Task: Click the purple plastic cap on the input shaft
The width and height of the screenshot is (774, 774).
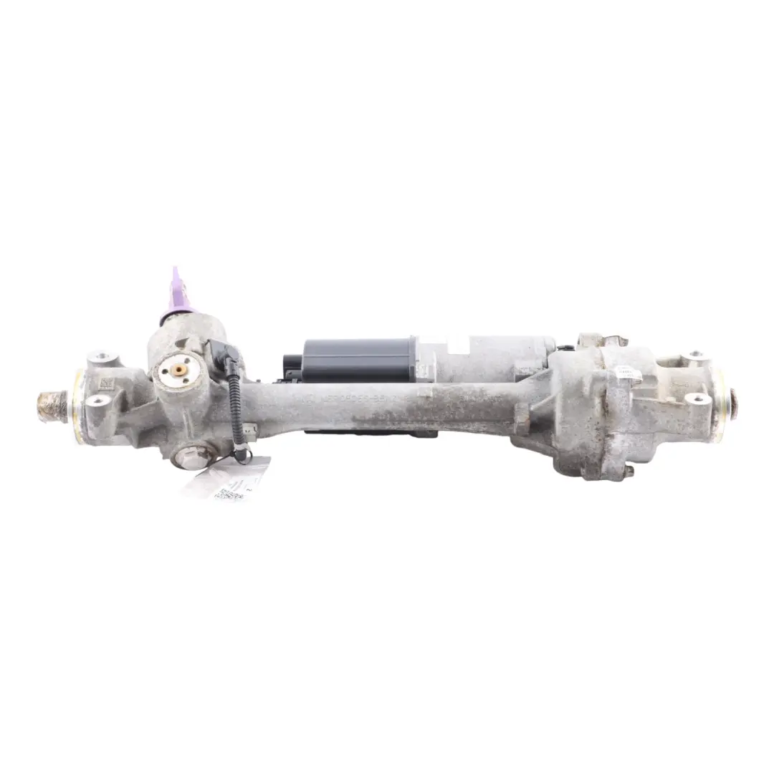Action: (x=177, y=295)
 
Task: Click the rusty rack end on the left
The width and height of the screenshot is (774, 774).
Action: (x=54, y=406)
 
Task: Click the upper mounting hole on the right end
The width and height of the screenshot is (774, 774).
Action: (x=694, y=355)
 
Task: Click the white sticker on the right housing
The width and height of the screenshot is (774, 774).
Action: (x=629, y=373)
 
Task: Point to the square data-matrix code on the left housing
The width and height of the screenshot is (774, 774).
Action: (x=105, y=383)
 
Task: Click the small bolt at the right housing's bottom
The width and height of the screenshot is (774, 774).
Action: (x=628, y=471)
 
